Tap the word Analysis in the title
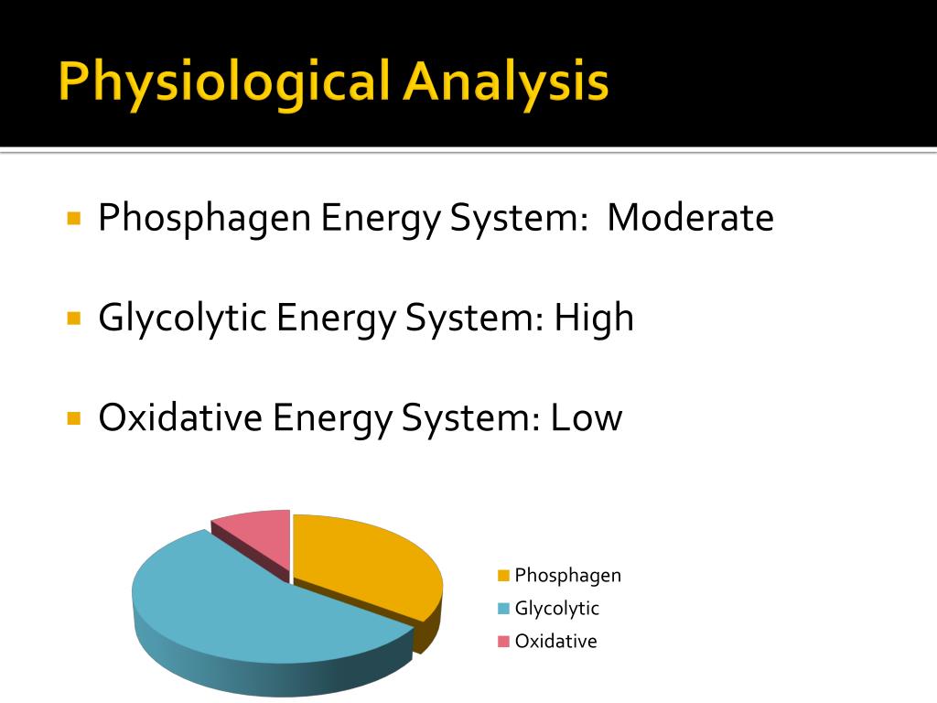click(506, 82)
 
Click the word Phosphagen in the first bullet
click(204, 220)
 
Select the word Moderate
click(690, 218)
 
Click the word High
click(593, 319)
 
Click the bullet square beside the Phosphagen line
click(75, 220)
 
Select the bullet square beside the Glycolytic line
click(75, 319)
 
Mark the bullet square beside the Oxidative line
click(75, 417)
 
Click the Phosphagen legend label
click(567, 576)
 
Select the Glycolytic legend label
click(556, 608)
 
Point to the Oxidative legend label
click(555, 641)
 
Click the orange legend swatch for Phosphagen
click(503, 576)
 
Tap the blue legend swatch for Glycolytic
click(503, 609)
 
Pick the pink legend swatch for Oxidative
click(503, 642)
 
